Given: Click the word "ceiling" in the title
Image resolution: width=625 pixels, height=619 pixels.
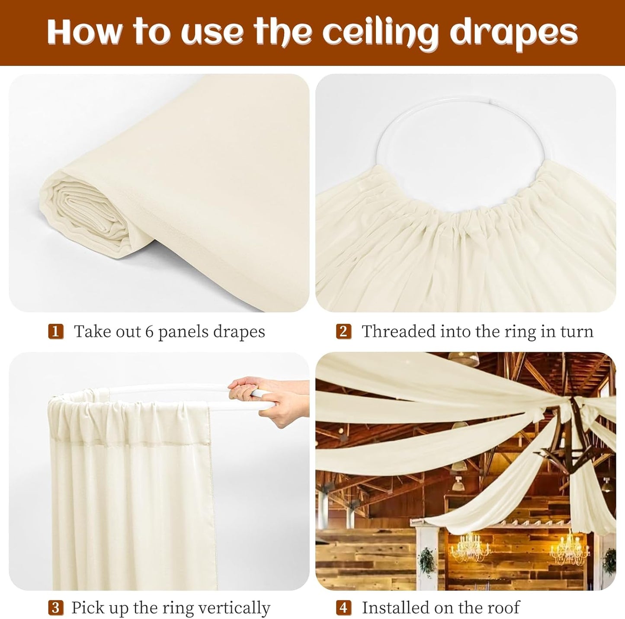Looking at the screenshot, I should point(380,32).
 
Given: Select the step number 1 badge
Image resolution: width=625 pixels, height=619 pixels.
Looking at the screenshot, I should point(56,332).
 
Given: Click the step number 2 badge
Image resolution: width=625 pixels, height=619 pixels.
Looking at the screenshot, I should point(343,332).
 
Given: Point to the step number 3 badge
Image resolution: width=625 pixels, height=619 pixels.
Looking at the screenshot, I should point(56,608).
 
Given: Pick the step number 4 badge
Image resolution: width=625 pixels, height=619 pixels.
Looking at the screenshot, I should point(343,608).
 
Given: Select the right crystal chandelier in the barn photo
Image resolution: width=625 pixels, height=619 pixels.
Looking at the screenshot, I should point(569,548).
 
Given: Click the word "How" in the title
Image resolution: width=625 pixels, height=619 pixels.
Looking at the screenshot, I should point(85,32).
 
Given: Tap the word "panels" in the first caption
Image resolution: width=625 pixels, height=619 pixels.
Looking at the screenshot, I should point(182,332).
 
